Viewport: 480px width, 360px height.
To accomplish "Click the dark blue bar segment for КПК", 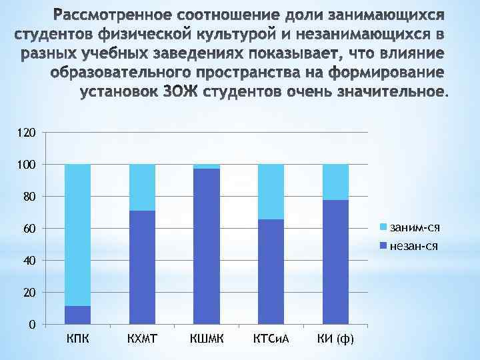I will point(77,315).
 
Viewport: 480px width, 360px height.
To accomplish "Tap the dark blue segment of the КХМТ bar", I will point(142,267).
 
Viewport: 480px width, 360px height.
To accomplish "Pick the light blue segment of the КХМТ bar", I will point(142,187).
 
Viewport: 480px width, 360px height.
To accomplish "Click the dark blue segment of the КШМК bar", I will point(206,247).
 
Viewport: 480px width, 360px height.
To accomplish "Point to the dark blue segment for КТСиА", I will point(271,272).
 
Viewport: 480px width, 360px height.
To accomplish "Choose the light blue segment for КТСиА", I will point(271,191).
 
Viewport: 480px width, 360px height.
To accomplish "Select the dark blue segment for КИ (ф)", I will point(335,262).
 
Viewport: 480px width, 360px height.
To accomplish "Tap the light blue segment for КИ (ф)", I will point(335,182).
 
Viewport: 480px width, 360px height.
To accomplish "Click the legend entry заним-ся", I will point(414,229).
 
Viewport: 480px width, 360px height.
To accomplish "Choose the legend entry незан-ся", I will point(414,246).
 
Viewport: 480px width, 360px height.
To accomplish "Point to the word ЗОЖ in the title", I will point(181,91).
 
